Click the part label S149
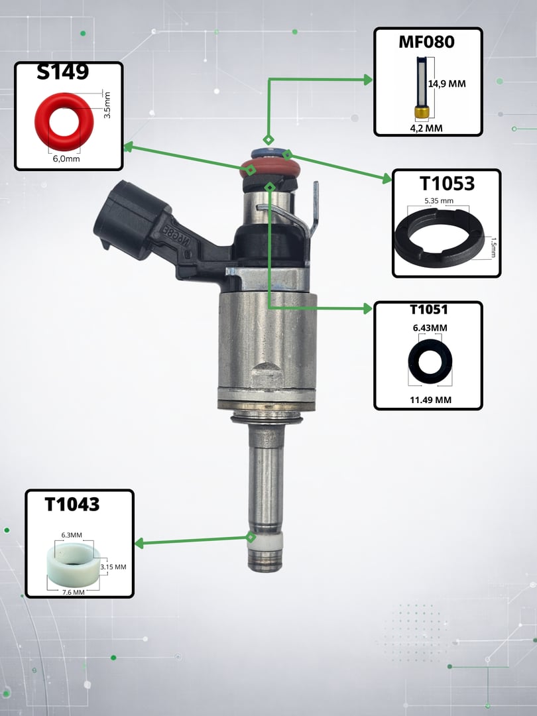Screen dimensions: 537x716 click(63, 72)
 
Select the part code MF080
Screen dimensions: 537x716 click(426, 42)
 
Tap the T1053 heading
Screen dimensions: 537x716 click(447, 183)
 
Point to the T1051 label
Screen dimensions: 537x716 click(429, 310)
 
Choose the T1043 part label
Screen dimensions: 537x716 click(72, 504)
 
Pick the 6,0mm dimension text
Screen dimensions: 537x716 click(66, 159)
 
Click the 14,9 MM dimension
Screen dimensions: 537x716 click(447, 84)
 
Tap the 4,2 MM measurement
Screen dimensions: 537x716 click(426, 129)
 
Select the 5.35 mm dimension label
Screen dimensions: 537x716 click(439, 200)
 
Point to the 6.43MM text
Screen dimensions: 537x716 click(430, 328)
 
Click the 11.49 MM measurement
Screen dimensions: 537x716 click(430, 400)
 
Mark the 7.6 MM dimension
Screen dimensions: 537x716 click(73, 592)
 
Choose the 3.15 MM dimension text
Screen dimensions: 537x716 click(113, 567)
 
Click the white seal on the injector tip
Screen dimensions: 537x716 click(266, 541)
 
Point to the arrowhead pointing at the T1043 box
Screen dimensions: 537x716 click(139, 544)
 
